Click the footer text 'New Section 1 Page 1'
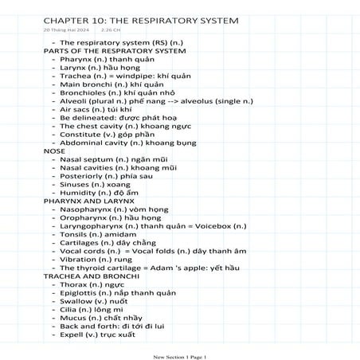coord(179,355)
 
